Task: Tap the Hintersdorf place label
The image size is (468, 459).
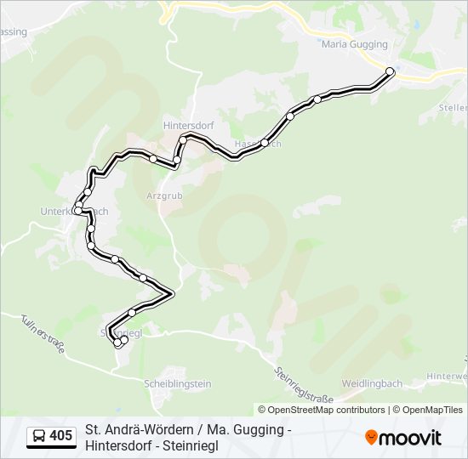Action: (188, 125)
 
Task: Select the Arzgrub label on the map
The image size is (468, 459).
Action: (164, 195)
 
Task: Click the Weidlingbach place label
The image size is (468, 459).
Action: (372, 383)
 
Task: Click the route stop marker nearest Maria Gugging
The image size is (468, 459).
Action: (391, 71)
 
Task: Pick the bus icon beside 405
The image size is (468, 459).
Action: (39, 436)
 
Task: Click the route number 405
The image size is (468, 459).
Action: (60, 436)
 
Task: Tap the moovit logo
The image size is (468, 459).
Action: (403, 437)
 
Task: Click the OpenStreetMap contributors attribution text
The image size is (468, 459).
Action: (327, 410)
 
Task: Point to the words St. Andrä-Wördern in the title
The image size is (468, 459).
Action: (134, 429)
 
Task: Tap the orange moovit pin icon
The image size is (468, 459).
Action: (371, 437)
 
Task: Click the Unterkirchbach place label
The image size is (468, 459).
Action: (74, 211)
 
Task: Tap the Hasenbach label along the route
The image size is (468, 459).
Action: (257, 144)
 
